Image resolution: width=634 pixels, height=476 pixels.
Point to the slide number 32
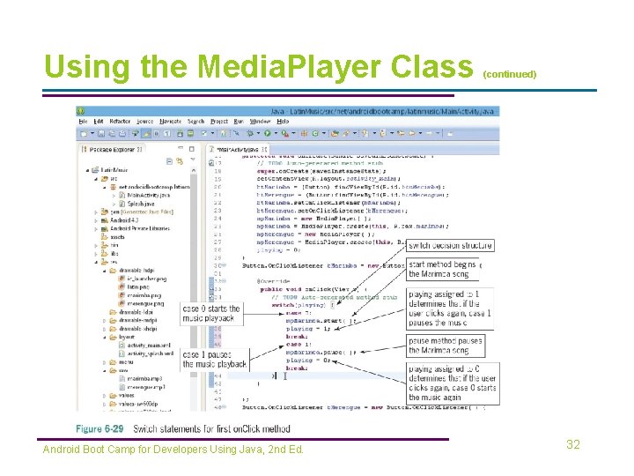pos(573,445)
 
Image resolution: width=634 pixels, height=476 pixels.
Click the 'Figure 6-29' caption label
pos(100,429)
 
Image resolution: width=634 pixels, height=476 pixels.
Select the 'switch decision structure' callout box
pos(450,245)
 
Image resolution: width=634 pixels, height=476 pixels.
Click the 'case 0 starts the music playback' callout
pos(210,313)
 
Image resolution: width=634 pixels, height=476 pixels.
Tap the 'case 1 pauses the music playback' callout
pos(214,359)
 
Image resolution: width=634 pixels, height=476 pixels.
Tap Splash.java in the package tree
pos(136,205)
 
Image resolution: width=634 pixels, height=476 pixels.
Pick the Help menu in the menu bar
pos(283,121)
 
